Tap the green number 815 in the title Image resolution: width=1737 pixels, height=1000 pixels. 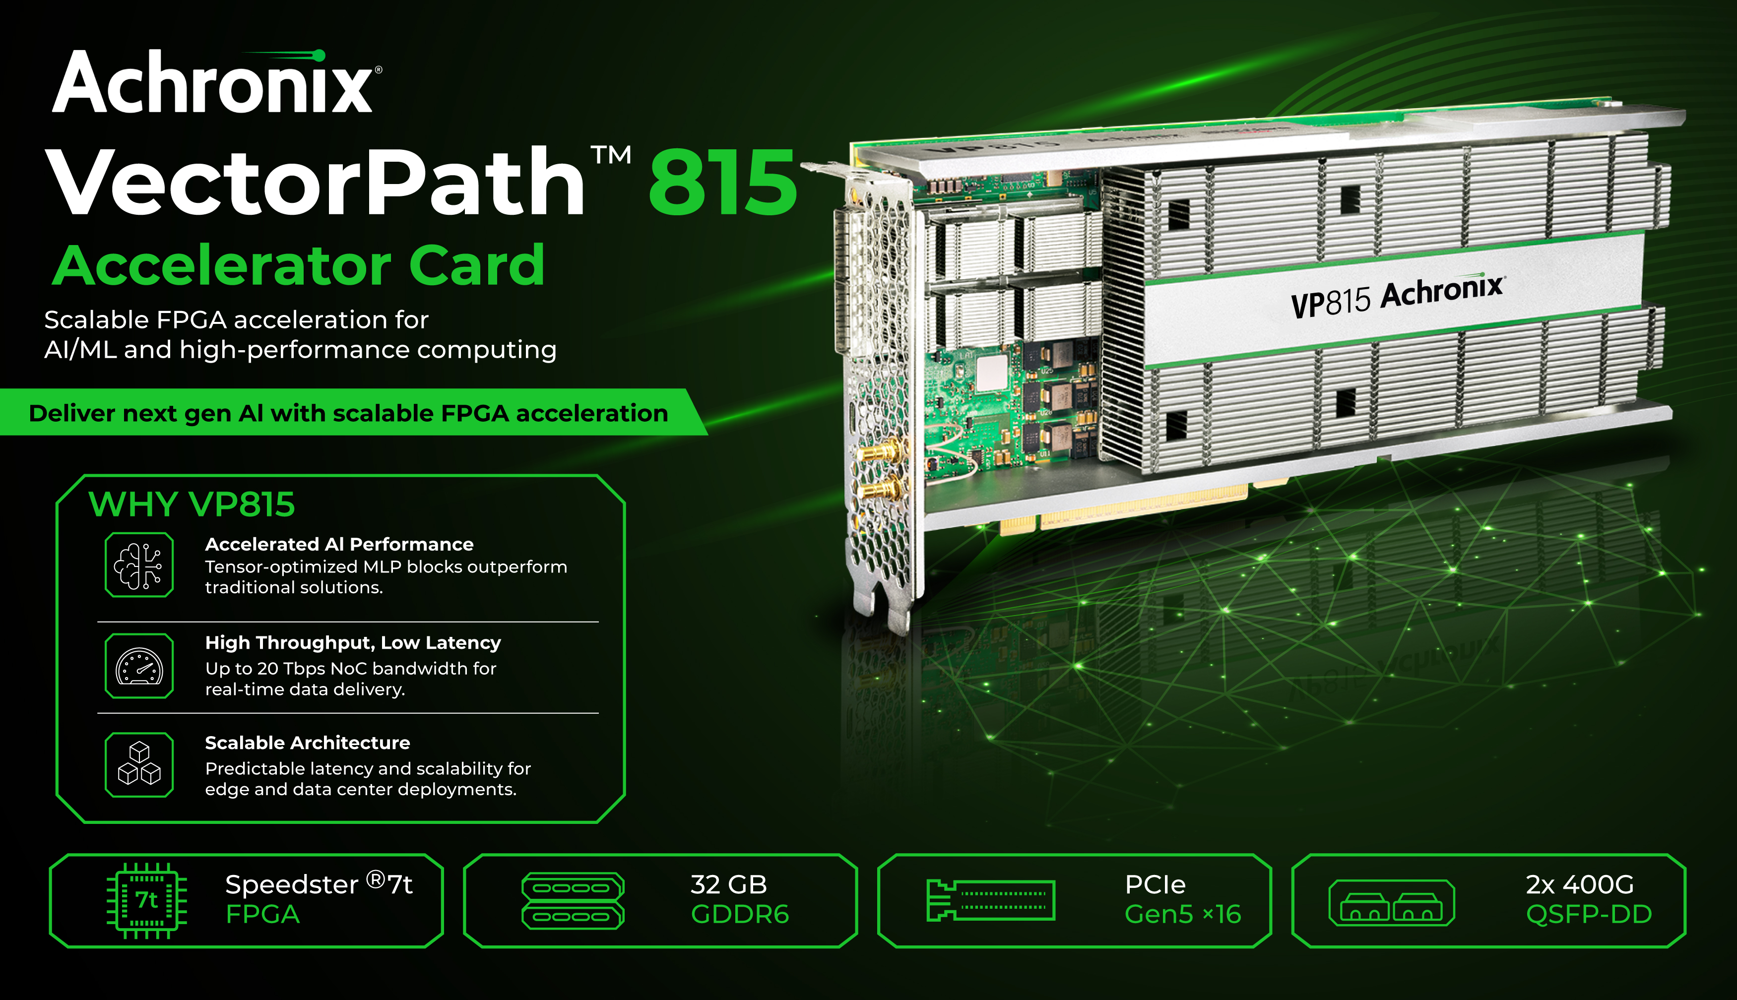(722, 182)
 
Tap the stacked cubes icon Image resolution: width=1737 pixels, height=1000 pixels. (139, 764)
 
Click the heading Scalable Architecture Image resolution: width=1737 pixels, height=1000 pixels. (307, 743)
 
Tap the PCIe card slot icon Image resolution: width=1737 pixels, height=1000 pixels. (990, 900)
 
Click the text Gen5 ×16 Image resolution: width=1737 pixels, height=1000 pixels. (1183, 914)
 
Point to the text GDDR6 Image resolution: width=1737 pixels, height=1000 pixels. (740, 914)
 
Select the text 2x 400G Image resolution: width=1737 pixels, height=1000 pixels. (1580, 884)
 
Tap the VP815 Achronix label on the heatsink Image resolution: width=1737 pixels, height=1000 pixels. (1398, 298)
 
